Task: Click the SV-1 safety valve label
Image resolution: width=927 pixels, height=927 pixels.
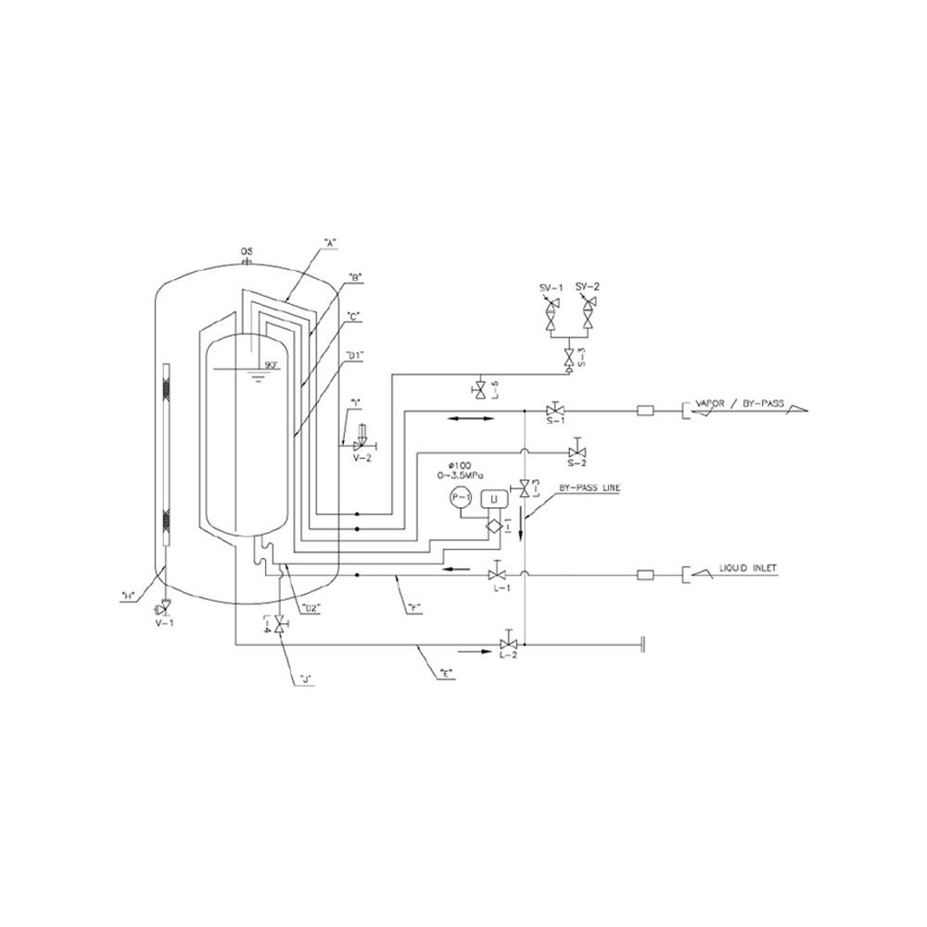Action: point(552,288)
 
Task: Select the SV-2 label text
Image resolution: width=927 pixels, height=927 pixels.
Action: point(588,287)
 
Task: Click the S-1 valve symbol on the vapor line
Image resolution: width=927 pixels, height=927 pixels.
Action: point(555,409)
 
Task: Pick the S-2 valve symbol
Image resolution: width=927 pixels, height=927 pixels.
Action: point(575,452)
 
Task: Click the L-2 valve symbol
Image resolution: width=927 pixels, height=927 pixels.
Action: point(508,644)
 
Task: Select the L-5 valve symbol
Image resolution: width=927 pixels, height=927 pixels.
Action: point(480,387)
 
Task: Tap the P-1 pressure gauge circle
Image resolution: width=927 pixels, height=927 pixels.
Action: point(461,497)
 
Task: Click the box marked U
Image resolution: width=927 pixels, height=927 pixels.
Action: point(494,499)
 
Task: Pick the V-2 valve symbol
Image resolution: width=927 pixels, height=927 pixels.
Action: point(361,446)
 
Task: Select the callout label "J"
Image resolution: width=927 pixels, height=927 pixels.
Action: point(305,682)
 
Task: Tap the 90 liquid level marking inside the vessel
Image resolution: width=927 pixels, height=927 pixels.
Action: point(272,363)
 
